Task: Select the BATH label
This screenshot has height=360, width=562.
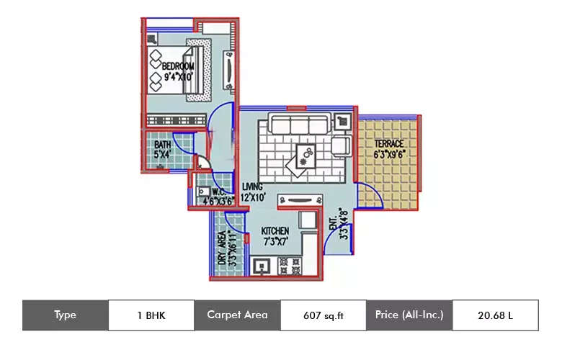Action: point(163,145)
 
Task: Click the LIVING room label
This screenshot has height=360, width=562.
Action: point(253,186)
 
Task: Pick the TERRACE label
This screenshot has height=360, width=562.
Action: point(388,144)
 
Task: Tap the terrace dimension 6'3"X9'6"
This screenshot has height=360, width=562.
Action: point(389,154)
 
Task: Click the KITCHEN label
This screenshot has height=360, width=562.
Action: point(275,231)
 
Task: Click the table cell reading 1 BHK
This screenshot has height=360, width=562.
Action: point(151,315)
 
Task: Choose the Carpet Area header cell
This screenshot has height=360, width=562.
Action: point(237,315)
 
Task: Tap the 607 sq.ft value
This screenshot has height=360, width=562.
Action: point(323,315)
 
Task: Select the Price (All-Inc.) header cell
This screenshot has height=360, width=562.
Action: point(409,315)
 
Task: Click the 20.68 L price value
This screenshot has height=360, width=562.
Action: point(495,315)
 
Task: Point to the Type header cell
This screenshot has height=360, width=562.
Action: point(65,315)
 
